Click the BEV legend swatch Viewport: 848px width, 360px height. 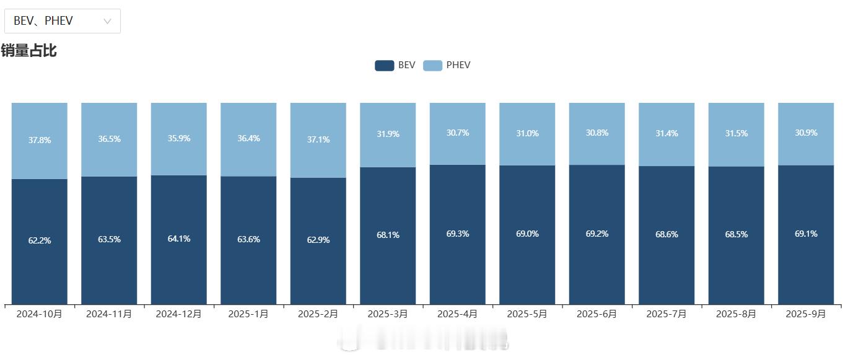coord(384,65)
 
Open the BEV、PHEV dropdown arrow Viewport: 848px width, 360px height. coord(107,21)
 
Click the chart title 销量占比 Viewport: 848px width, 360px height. coord(28,50)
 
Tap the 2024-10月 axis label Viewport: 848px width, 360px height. coord(39,314)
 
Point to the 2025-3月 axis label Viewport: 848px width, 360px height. coord(388,314)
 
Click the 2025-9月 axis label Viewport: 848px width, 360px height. coord(806,314)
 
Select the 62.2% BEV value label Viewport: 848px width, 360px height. coord(40,240)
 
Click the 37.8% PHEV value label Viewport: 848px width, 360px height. coord(40,140)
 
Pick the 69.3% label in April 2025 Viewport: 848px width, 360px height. coord(458,234)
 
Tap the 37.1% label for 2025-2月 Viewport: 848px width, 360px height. coord(318,139)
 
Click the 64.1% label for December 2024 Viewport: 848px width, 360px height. coord(179,239)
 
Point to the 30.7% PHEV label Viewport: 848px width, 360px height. coord(458,133)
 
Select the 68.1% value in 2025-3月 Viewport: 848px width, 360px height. coord(388,235)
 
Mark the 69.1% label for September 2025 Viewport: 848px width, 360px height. coord(806,234)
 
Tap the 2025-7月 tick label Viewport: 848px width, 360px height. coord(667,314)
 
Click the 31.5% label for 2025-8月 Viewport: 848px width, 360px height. coord(737,134)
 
